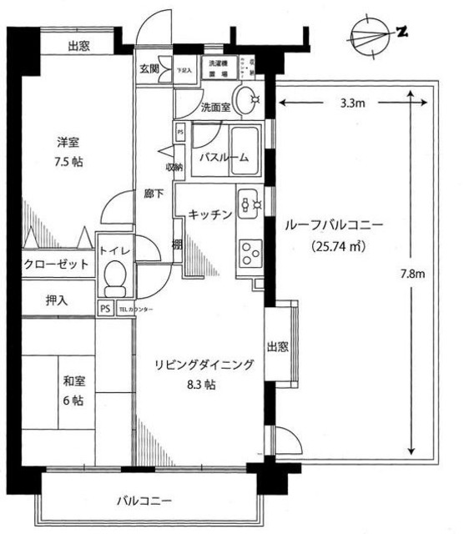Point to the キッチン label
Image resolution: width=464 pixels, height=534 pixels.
pyautogui.click(x=209, y=214)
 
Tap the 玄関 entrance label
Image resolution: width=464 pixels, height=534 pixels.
pyautogui.click(x=149, y=68)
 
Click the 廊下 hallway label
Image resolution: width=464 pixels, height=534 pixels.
pyautogui.click(x=153, y=194)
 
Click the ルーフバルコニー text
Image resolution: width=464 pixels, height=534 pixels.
pyautogui.click(x=332, y=225)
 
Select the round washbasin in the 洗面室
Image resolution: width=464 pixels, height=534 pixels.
pyautogui.click(x=245, y=101)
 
